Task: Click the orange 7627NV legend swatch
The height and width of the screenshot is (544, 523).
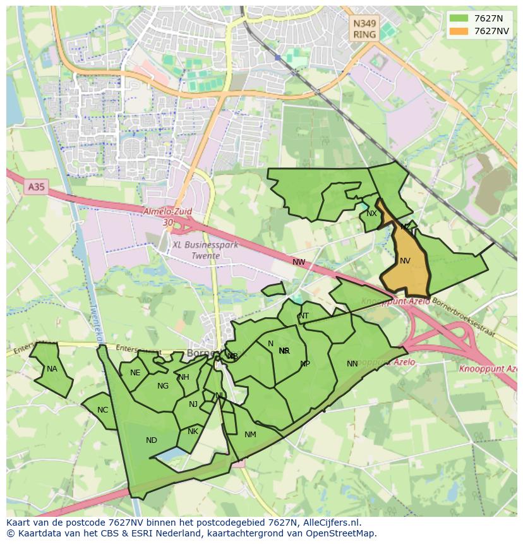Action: pyautogui.click(x=459, y=31)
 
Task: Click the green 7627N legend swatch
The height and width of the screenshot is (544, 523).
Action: pyautogui.click(x=459, y=18)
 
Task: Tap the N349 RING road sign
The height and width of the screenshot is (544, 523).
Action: pyautogui.click(x=364, y=29)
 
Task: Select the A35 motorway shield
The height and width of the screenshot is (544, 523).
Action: pyautogui.click(x=37, y=187)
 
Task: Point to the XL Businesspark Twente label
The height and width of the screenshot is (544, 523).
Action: pyautogui.click(x=205, y=250)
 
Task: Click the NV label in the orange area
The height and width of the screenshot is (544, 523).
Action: pyautogui.click(x=405, y=260)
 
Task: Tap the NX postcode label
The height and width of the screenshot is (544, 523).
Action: pyautogui.click(x=371, y=214)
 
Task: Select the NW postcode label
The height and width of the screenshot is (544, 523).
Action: pyautogui.click(x=299, y=262)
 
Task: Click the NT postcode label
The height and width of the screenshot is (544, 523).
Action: pyautogui.click(x=304, y=316)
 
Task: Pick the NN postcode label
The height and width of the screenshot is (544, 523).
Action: pyautogui.click(x=352, y=363)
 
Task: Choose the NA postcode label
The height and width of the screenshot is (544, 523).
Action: pyautogui.click(x=52, y=369)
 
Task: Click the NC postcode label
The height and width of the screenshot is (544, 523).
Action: pyautogui.click(x=103, y=410)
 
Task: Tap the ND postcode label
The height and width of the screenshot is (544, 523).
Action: pyautogui.click(x=152, y=440)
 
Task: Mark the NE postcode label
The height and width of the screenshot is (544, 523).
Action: pyautogui.click(x=135, y=373)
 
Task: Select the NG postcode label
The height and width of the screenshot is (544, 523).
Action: pyautogui.click(x=163, y=386)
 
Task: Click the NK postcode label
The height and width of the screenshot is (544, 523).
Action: pyautogui.click(x=193, y=432)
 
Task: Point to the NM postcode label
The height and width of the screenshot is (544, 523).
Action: pyautogui.click(x=250, y=435)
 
